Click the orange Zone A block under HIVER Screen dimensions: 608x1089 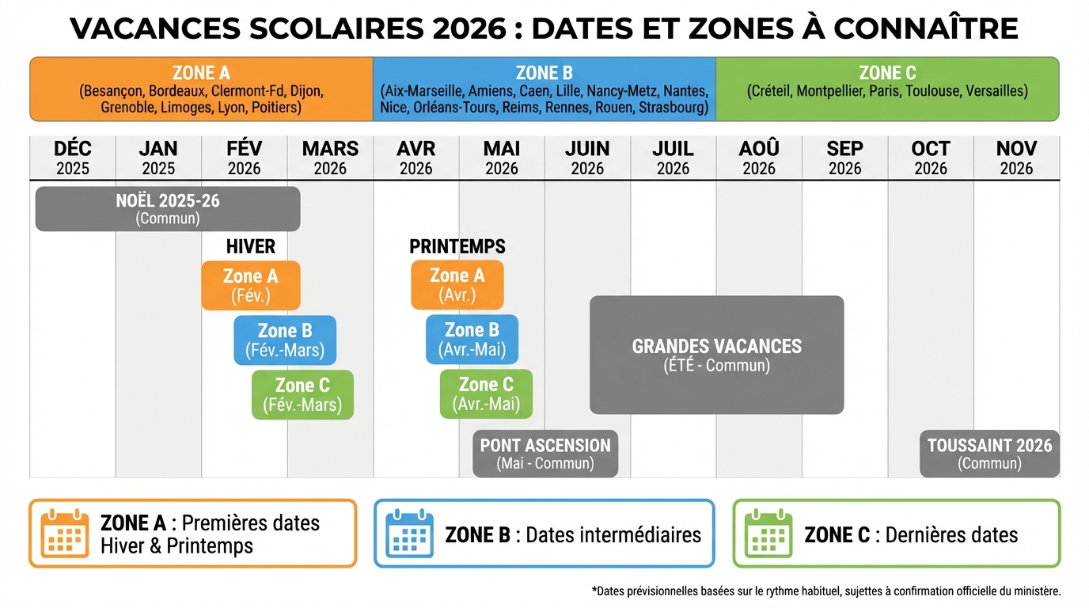(x=250, y=285)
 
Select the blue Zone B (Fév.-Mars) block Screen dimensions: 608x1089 (x=285, y=340)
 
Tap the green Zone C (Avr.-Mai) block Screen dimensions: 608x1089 (x=486, y=394)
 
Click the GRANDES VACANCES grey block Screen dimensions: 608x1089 (x=716, y=355)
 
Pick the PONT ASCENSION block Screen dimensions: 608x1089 (x=545, y=454)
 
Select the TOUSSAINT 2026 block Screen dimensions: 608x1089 (x=989, y=454)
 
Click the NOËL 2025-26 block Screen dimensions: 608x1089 (x=168, y=209)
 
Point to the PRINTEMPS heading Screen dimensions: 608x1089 (x=457, y=246)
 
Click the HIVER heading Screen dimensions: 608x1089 (x=250, y=246)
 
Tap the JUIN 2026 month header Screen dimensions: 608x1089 (x=587, y=158)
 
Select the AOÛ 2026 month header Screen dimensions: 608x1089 (x=759, y=158)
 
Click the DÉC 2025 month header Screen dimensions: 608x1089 (x=73, y=158)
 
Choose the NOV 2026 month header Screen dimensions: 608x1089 (x=1016, y=158)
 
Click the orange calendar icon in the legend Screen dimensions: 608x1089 (x=66, y=534)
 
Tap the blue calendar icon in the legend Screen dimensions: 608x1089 (x=410, y=534)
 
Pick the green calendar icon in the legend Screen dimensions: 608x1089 (x=768, y=534)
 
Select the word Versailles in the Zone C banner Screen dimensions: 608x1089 (x=994, y=91)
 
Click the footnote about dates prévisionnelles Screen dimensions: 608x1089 (x=825, y=591)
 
